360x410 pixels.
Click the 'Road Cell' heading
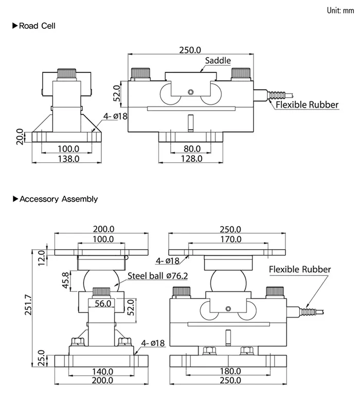pos(37,26)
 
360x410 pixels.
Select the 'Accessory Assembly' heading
pos(58,199)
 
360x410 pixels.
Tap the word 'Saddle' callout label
pos(218,61)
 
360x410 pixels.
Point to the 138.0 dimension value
pos(67,159)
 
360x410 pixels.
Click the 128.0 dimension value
pos(191,159)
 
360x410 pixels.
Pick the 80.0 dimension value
pos(191,149)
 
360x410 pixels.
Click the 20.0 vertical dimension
pos(20,137)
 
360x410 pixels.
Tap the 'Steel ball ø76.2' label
pos(158,276)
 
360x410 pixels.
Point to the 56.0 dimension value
pos(103,304)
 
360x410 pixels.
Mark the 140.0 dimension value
pos(103,371)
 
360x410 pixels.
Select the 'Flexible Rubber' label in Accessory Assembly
pos(300,269)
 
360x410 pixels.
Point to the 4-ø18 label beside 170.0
pos(168,260)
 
